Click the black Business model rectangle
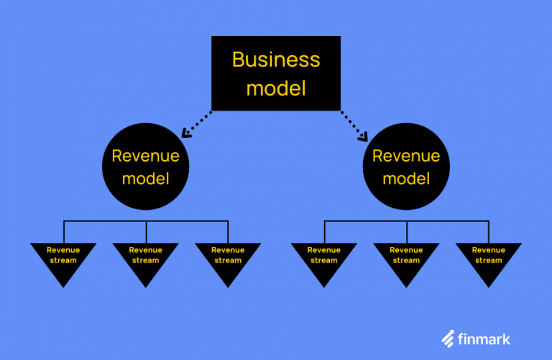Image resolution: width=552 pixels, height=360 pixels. (x=276, y=73)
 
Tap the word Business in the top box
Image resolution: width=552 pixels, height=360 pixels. (x=276, y=60)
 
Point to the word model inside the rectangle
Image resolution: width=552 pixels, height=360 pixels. (x=276, y=88)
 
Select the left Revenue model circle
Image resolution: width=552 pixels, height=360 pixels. (x=146, y=166)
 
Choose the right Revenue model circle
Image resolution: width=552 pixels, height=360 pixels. (x=406, y=166)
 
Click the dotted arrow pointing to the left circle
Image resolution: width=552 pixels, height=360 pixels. (x=198, y=123)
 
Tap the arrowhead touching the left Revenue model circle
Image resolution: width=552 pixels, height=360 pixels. (x=186, y=133)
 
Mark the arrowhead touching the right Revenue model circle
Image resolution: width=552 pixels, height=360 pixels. (x=364, y=136)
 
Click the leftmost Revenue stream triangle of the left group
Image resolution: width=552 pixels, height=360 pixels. (x=63, y=259)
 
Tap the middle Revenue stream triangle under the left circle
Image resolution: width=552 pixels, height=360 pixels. (x=146, y=259)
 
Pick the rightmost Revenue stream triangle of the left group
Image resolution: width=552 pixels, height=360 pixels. (x=228, y=259)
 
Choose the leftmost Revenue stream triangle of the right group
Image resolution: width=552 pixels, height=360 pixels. (x=324, y=259)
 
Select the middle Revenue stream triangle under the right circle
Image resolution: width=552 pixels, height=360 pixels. (x=406, y=259)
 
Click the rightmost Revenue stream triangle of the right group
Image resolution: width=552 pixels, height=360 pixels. (x=489, y=259)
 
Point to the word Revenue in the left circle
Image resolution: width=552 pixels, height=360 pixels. (x=146, y=156)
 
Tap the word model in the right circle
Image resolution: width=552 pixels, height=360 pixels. (x=406, y=178)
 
